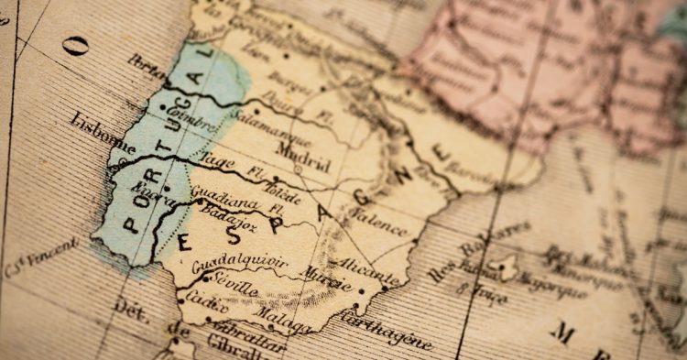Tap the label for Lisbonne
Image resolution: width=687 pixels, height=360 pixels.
[x=102, y=135]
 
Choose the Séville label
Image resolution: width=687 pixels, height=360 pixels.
[x=228, y=289]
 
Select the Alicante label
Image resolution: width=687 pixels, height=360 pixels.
[x=368, y=269]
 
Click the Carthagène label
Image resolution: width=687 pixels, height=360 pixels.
[x=385, y=328]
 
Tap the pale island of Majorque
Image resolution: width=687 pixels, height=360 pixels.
[x=503, y=267]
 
